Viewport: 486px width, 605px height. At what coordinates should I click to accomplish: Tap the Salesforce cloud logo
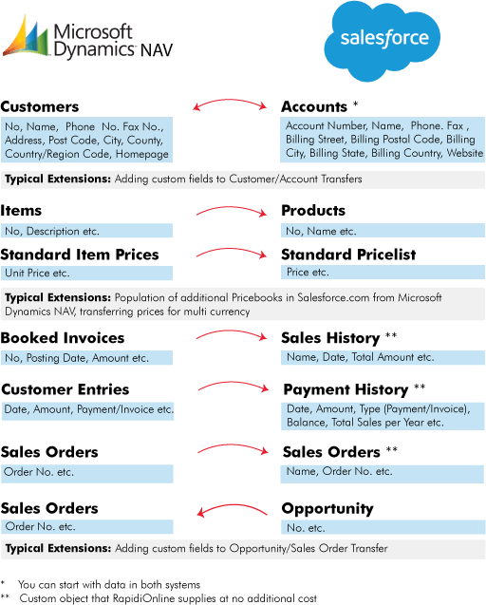click(383, 41)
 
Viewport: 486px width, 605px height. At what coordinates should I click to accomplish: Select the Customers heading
click(40, 106)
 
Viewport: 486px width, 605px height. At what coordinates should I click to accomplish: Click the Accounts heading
click(314, 106)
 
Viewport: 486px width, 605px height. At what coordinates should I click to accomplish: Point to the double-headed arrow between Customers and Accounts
click(230, 100)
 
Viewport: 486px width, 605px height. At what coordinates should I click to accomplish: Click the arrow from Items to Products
click(231, 208)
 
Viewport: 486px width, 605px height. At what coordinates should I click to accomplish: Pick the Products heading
click(313, 210)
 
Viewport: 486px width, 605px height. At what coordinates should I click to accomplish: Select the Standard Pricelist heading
click(348, 255)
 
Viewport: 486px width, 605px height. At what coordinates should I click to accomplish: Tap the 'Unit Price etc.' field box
click(86, 274)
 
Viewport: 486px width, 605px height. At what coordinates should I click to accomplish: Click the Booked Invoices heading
click(63, 337)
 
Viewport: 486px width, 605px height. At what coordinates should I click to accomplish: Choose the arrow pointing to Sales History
click(231, 331)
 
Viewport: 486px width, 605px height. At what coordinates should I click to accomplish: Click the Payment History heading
click(346, 389)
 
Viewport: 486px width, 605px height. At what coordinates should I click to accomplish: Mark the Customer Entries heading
click(65, 389)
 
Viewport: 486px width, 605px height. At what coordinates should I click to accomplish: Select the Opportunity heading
click(327, 509)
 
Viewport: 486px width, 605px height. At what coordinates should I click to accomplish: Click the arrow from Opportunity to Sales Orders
click(231, 505)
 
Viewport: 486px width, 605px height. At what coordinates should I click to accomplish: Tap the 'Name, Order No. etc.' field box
click(383, 474)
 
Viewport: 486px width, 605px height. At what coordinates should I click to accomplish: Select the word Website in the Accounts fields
click(465, 153)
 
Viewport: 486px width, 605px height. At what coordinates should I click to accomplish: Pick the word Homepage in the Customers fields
click(142, 154)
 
